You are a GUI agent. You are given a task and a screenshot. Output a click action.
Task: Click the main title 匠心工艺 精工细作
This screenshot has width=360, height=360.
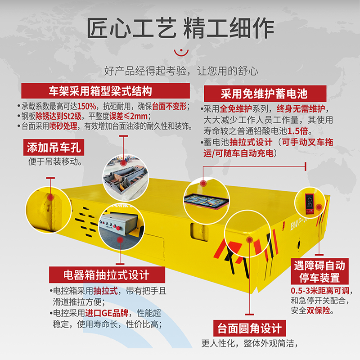(x=180, y=28)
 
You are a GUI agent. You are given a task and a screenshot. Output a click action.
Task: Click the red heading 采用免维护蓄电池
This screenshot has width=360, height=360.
(x=265, y=94)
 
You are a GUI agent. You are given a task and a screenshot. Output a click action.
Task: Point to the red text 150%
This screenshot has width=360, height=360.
(x=86, y=106)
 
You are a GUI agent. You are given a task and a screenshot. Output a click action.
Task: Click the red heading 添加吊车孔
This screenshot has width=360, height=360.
(x=54, y=147)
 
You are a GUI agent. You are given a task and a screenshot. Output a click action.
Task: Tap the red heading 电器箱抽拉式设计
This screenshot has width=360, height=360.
(x=107, y=274)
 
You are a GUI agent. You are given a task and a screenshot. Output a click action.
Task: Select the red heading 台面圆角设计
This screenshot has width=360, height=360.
(x=250, y=328)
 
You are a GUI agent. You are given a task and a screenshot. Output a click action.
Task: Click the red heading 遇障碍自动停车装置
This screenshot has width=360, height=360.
(x=319, y=271)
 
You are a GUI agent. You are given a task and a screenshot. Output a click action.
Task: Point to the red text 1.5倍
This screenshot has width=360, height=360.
(x=297, y=131)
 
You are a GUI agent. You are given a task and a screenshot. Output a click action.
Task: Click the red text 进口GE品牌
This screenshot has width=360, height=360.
(x=107, y=313)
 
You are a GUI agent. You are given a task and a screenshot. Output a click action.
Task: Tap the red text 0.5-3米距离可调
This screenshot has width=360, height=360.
(x=320, y=291)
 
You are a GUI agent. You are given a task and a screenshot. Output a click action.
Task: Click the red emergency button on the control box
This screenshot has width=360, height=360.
(x=118, y=228)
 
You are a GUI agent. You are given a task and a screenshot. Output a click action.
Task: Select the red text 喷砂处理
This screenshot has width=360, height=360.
(x=63, y=126)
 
